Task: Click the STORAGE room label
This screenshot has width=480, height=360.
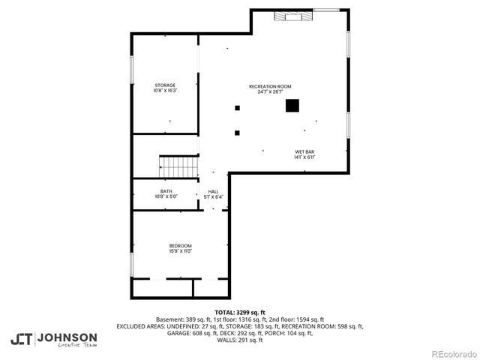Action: point(165,85)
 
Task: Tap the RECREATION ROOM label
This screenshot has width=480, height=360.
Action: point(270,86)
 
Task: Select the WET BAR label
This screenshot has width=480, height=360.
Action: point(304,151)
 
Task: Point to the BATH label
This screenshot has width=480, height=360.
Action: point(166,191)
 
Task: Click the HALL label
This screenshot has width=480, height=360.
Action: point(214,191)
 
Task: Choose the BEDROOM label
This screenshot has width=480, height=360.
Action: point(180,246)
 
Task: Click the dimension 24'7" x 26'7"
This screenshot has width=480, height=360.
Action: point(270,91)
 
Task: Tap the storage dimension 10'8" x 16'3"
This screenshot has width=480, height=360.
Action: point(165,91)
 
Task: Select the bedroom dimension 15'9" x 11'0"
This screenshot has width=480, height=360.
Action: point(180,251)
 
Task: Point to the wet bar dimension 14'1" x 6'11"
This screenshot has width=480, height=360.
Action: point(304,157)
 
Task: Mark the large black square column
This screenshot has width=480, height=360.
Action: point(292,106)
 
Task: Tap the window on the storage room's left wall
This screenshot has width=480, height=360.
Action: point(132,71)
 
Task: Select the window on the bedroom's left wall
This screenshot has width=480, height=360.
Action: point(132,264)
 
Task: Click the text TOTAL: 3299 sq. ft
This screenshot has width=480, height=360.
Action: point(240,312)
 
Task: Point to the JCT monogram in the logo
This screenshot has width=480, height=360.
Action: point(22,339)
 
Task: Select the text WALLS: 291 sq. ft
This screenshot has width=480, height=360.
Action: point(240,340)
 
